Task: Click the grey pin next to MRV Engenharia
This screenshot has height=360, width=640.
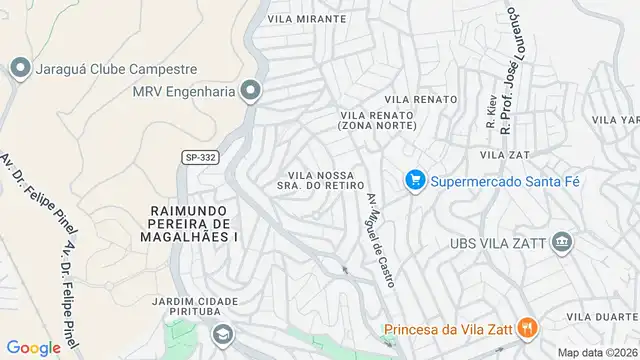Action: [x=251, y=91]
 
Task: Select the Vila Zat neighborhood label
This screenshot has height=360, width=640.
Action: [x=505, y=155]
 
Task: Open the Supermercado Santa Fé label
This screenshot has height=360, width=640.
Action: [x=506, y=181]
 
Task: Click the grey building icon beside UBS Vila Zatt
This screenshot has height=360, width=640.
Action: [x=562, y=242]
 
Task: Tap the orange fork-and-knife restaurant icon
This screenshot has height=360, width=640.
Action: [x=528, y=327]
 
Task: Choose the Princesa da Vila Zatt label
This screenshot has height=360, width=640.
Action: [x=448, y=328]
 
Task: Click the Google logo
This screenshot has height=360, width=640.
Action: [x=35, y=347]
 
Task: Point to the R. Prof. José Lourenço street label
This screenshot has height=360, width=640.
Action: [x=510, y=70]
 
